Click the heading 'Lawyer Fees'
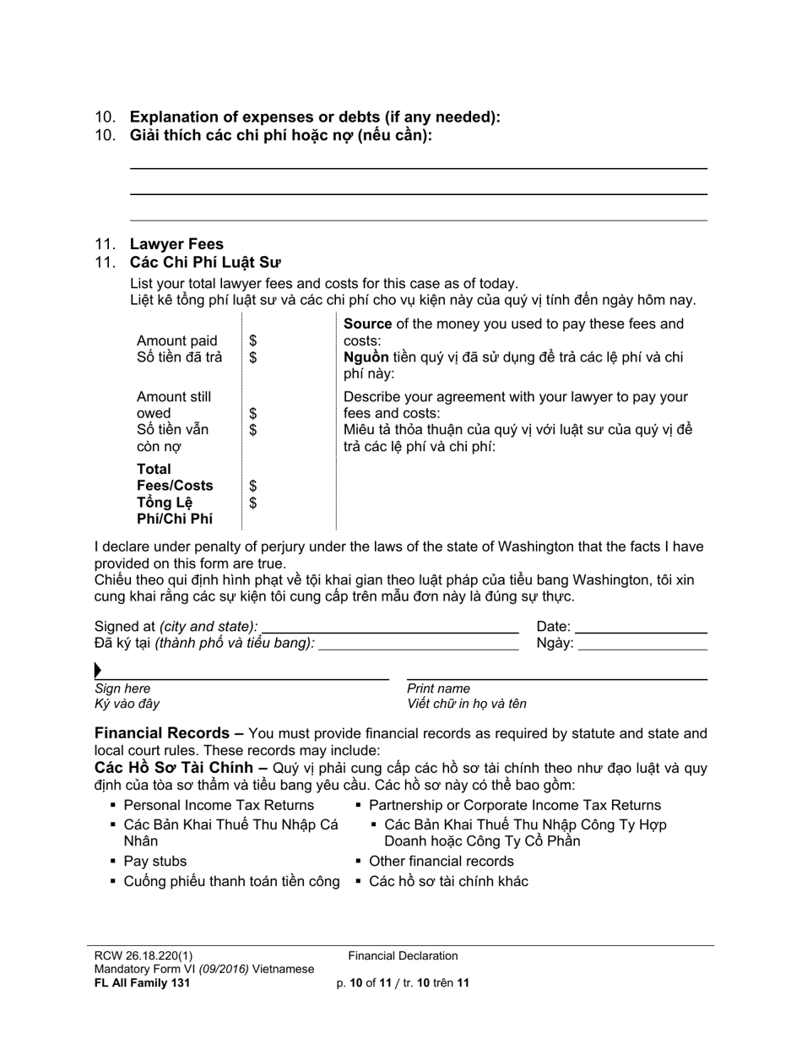pos(176,244)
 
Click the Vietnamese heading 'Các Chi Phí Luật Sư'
pos(205,263)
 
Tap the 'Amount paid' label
pos(176,341)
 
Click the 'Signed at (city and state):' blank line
pos(390,628)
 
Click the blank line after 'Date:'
pos(641,628)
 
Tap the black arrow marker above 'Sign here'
pos(98,671)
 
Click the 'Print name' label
pos(438,688)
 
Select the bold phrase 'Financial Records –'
pos(169,733)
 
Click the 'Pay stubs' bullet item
pos(155,862)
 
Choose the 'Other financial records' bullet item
pos(441,862)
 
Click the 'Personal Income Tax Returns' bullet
pos(219,806)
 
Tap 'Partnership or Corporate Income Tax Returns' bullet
pos(515,806)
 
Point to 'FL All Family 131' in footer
pos(142,983)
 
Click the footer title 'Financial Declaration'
pos(403,956)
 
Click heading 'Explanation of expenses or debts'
pos(314,117)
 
